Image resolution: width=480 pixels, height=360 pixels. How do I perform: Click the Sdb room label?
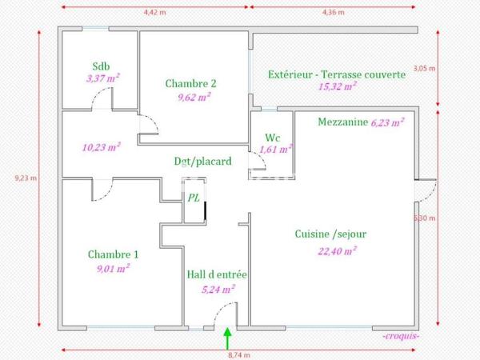[x=101, y=66]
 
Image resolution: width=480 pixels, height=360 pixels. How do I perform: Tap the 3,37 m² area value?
[x=102, y=78]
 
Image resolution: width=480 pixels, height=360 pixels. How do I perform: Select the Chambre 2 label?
[x=191, y=83]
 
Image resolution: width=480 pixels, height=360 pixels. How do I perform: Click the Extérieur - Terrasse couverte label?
[x=337, y=74]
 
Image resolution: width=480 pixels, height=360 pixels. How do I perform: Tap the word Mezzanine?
[x=342, y=122]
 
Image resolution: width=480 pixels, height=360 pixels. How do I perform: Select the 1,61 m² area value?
[x=276, y=148]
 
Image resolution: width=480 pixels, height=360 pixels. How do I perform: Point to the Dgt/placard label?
[x=203, y=161]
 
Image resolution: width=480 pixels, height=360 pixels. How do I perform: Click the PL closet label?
[x=194, y=198]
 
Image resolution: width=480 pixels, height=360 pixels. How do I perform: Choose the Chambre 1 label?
[x=113, y=254]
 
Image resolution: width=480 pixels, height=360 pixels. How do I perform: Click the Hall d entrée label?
[x=216, y=274]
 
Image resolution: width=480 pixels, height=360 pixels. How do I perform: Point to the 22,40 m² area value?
[x=337, y=250]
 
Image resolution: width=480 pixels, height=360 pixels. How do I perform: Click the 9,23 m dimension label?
[x=27, y=178]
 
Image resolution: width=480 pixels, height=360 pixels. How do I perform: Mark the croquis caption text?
[x=402, y=336]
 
